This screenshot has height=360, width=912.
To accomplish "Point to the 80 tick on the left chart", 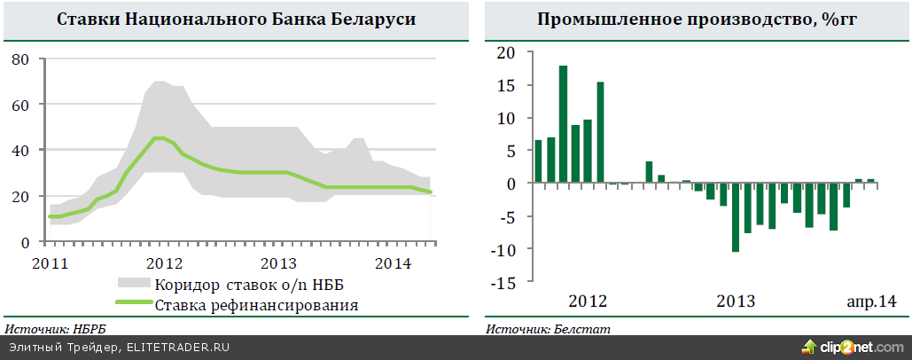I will coord(21,59).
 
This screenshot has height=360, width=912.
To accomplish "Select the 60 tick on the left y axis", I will coord(21,105).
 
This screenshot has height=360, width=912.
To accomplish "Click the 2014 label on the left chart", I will coord(392,263).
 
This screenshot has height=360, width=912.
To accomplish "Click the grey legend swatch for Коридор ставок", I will coord(134,285).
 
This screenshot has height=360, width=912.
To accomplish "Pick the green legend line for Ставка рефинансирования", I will coord(134,306).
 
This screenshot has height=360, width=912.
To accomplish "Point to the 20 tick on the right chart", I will coord(506,52).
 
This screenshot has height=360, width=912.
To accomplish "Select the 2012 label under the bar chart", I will coord(588,301).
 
